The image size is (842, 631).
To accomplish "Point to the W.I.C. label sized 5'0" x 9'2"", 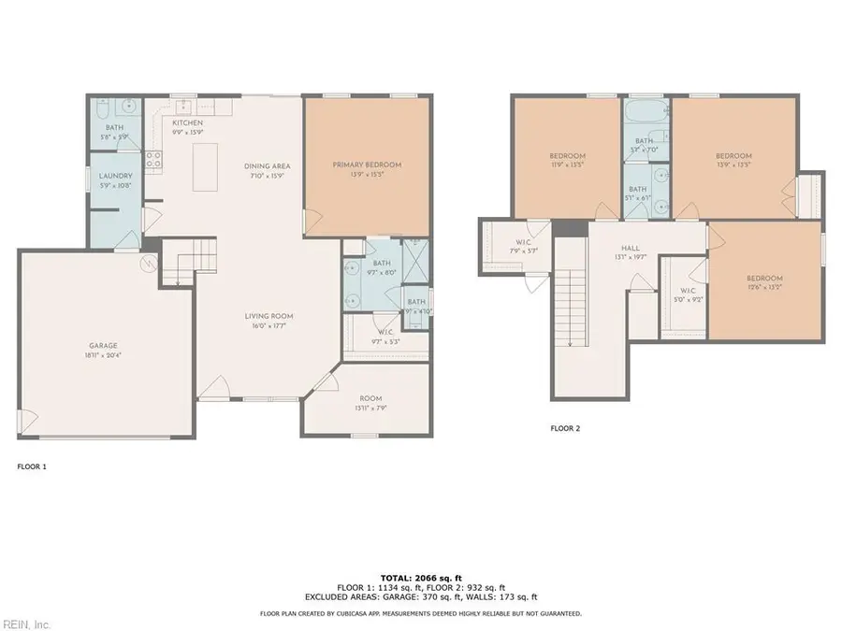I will (687, 292).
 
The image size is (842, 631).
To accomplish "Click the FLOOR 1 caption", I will (32, 465).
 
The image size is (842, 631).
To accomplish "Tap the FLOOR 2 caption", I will (565, 429).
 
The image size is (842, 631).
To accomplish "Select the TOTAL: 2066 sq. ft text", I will (420, 579).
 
